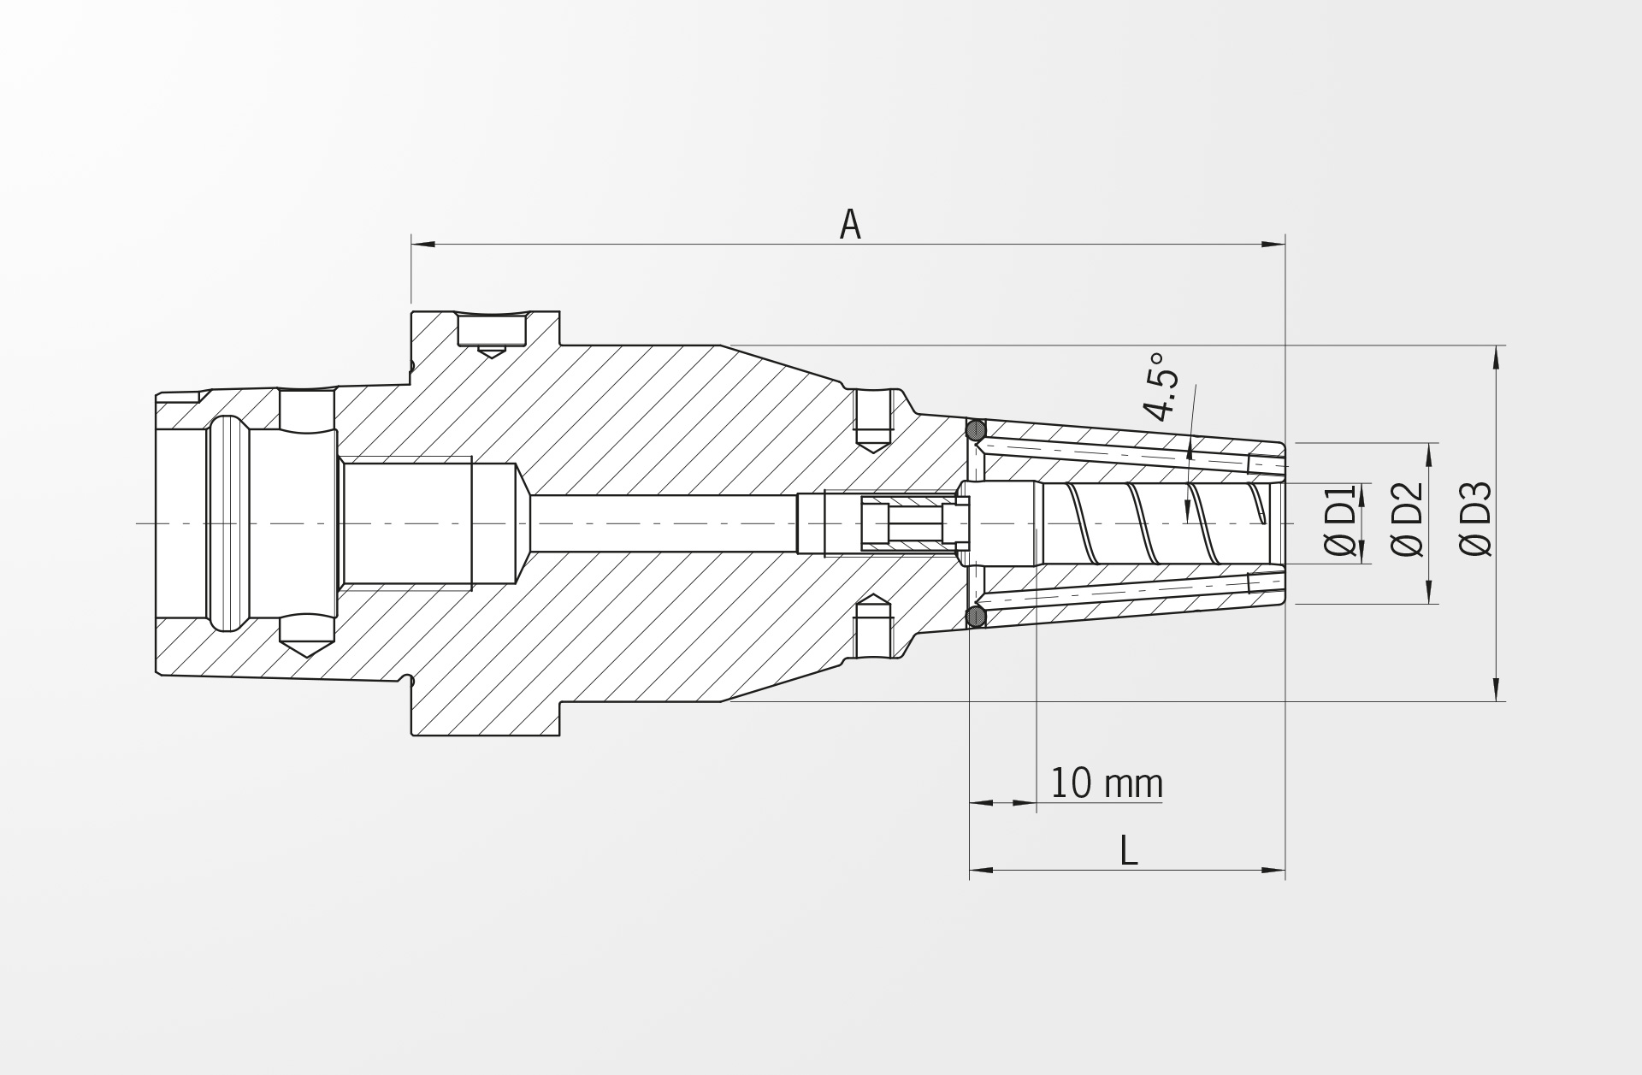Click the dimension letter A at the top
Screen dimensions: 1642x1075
849,224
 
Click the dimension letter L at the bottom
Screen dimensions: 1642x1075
1129,850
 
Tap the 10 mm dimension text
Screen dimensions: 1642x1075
1107,783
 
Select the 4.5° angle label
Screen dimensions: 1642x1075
1163,386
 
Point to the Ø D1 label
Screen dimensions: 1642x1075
1341,521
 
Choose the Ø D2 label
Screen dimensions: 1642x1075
1408,520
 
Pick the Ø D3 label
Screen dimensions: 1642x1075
1476,519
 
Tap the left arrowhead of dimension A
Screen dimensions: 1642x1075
422,245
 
